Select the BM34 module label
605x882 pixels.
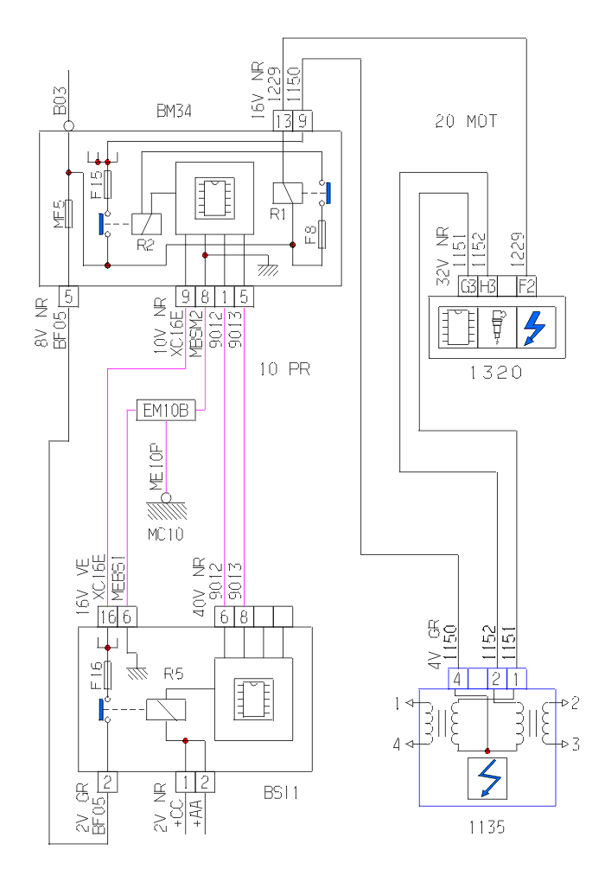(x=175, y=112)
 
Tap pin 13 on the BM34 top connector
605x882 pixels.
(x=283, y=122)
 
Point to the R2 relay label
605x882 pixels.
(x=146, y=245)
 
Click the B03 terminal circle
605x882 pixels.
(x=69, y=126)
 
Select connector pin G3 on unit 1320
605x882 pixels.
(x=468, y=285)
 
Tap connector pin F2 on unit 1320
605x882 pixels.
(x=527, y=285)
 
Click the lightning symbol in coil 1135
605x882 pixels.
(x=487, y=778)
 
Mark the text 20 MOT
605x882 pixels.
(x=466, y=122)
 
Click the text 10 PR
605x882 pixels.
(x=284, y=369)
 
